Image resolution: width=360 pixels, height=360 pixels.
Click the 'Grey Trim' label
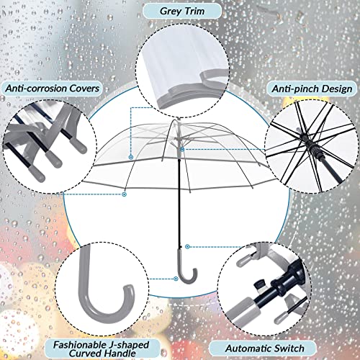point(180,11)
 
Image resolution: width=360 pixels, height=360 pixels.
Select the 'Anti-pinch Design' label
point(310,88)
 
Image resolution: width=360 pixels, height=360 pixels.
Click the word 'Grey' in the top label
point(167,11)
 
